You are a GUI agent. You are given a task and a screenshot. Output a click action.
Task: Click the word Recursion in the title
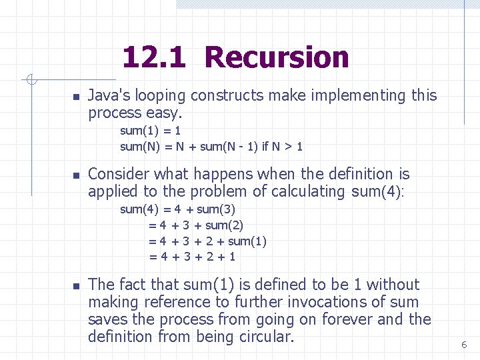277,57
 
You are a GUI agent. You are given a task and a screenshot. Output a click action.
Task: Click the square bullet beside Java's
76,97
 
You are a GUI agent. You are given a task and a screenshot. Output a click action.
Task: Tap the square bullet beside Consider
76,176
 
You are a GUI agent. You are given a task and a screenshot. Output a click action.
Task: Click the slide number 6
464,345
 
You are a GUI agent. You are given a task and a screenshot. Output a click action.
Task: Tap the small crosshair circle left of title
31,81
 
